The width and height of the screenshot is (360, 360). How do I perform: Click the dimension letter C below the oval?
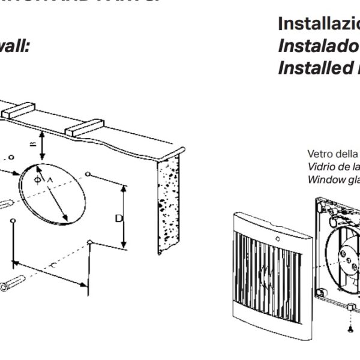point(55,265)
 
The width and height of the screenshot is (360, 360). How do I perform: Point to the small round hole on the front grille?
point(277,238)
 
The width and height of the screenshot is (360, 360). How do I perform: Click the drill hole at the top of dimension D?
point(88,174)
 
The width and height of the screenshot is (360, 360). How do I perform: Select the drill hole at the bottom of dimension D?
point(89,242)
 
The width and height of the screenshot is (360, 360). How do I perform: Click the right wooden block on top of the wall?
point(84,127)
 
